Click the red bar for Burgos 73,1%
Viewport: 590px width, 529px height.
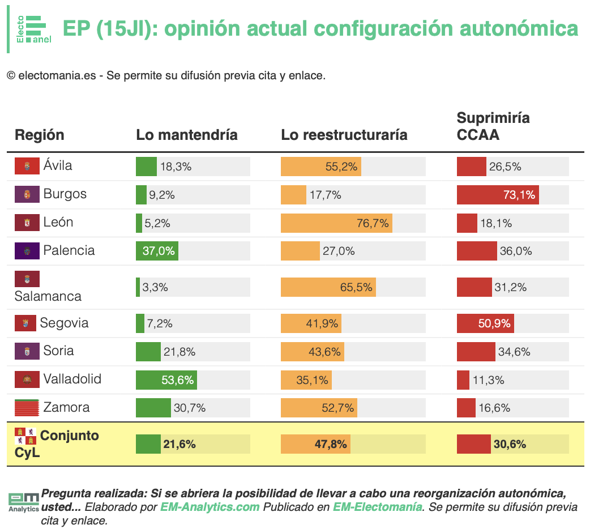[x=498, y=195]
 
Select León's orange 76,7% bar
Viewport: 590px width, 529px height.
[x=336, y=223]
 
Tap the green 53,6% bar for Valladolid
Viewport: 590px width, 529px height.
[x=166, y=379]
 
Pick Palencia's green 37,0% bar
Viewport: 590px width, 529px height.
[x=157, y=251]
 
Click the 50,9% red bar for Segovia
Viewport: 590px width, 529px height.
[x=485, y=323]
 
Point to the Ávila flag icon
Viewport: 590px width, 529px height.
[x=27, y=165]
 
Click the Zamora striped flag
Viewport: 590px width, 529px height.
[x=27, y=407]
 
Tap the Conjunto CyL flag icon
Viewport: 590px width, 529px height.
[x=25, y=436]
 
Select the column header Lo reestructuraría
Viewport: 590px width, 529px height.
[x=344, y=135]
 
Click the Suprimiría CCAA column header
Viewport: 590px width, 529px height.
[x=493, y=126]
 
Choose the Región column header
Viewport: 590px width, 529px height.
[x=40, y=135]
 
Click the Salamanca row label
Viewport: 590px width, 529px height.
[x=48, y=296]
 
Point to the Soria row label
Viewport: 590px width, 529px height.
[x=59, y=351]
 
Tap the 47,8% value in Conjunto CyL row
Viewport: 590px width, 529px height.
[x=331, y=444]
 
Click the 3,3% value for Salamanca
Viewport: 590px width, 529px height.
[x=155, y=287]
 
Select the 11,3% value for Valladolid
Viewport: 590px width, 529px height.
[x=489, y=380]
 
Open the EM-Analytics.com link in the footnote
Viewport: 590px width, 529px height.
[x=210, y=507]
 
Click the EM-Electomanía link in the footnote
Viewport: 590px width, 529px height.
[x=378, y=507]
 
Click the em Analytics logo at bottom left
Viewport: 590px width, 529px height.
[x=24, y=502]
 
